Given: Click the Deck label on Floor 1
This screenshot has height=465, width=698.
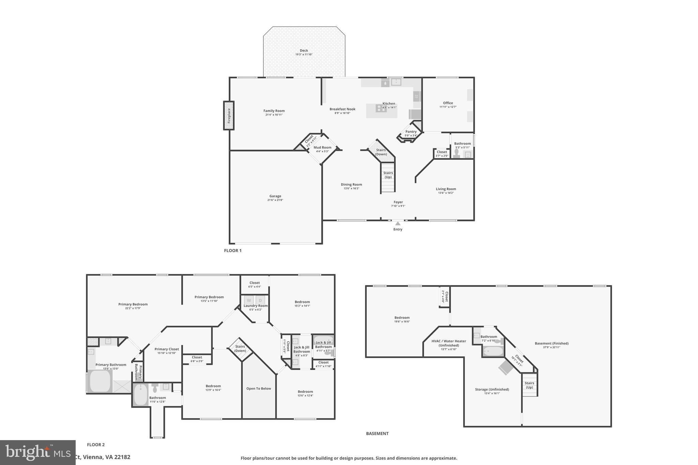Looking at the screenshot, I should tap(304, 50).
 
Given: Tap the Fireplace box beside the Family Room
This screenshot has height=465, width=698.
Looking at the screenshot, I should tap(229, 115).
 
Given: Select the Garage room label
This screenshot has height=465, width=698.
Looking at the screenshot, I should tap(275, 196).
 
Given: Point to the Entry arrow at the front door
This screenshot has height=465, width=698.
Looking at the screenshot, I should tap(398, 223).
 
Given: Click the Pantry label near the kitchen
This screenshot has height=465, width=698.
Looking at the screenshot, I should tap(411, 131).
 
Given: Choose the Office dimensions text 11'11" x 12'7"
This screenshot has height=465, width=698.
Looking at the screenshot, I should tap(448, 107).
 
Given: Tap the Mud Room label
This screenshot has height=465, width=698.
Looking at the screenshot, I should tap(322, 148).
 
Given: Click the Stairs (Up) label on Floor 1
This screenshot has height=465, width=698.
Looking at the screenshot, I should tap(388, 175).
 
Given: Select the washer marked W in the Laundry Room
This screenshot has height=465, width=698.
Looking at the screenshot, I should tap(249, 300).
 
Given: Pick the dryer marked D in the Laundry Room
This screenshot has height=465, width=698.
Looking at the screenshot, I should tap(260, 300).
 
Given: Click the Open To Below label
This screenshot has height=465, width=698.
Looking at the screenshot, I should tap(258, 388).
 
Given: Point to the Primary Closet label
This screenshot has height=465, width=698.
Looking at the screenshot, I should tap(166, 349).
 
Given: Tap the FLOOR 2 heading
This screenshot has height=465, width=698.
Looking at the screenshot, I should tap(96, 445).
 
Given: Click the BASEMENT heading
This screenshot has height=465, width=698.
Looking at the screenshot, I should tap(377, 434).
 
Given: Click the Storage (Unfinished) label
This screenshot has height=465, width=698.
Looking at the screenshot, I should tap(492, 389).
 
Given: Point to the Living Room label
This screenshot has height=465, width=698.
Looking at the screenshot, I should tap(445, 189).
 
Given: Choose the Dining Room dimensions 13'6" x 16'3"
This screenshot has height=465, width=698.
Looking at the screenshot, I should tap(351, 188).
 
